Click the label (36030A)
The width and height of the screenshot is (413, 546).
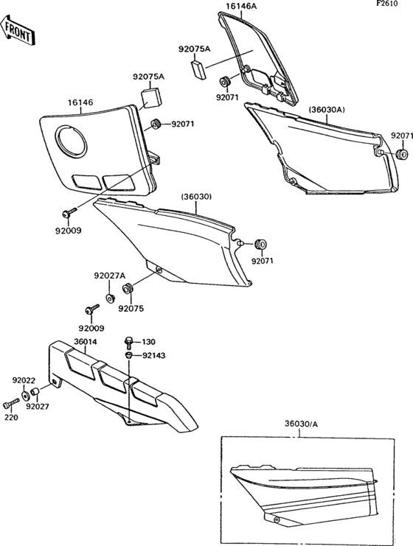tap(327, 110)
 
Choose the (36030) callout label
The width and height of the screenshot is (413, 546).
tap(196, 197)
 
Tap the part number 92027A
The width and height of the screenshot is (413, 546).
tap(109, 276)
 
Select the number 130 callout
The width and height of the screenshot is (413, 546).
tap(149, 342)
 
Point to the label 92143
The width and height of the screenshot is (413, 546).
tap(153, 354)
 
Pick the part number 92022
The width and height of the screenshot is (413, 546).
tap(24, 380)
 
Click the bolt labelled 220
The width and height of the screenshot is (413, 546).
tap(10, 404)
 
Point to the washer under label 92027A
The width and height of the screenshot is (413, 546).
tap(110, 298)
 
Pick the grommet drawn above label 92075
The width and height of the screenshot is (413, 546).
tap(126, 287)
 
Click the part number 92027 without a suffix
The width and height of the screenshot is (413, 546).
tap(38, 405)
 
